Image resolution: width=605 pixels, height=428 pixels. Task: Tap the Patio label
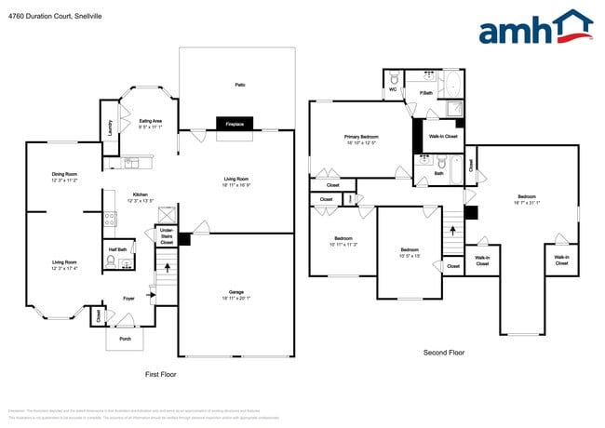(x=240, y=85)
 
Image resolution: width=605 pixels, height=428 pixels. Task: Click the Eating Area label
(x=151, y=120)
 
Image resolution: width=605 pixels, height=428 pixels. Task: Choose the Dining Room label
(x=63, y=174)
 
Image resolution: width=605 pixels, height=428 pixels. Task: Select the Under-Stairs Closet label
(x=167, y=235)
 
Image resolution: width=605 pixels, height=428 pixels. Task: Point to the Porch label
(x=125, y=339)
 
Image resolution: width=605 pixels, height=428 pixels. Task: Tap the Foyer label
(x=130, y=299)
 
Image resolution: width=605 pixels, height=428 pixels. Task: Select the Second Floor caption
(x=444, y=353)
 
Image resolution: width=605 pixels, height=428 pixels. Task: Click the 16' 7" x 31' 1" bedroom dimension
(x=527, y=201)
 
